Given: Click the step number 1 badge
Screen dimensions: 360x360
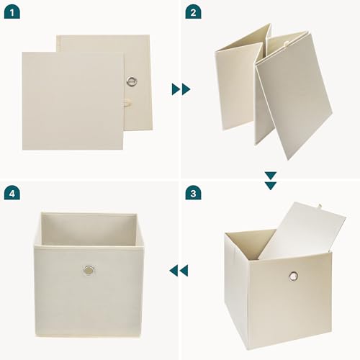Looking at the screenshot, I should point(12,12).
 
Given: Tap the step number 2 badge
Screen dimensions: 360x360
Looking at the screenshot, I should point(192,12).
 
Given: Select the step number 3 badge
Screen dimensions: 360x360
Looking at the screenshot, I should point(192,193).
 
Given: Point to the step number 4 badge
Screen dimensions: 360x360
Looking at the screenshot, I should point(12,193).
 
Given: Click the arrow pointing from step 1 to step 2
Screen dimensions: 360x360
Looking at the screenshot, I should point(181,89).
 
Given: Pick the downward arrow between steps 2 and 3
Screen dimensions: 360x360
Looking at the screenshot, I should point(270,180).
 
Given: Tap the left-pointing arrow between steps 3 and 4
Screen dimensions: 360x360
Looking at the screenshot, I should point(178,270).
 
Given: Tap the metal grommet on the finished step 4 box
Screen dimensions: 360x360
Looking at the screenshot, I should point(88,271).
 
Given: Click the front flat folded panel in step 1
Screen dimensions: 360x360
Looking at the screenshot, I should point(72,101).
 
